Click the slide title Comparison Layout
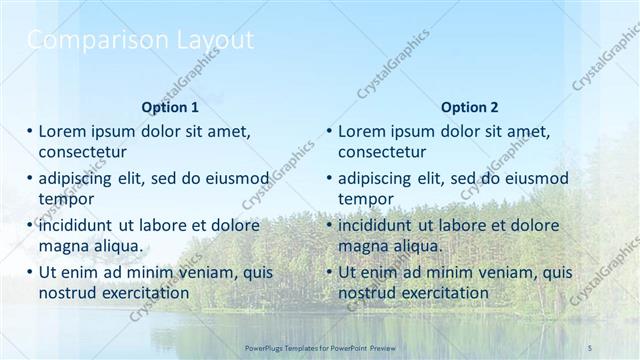pos(140,41)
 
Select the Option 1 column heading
pos(169,107)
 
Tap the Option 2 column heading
pos(469,107)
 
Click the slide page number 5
pos(590,346)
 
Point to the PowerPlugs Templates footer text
pos(320,346)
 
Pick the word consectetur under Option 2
pos(382,152)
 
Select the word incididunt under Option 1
pos(80,225)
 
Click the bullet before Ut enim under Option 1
pos(30,272)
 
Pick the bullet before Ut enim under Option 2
pos(330,272)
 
